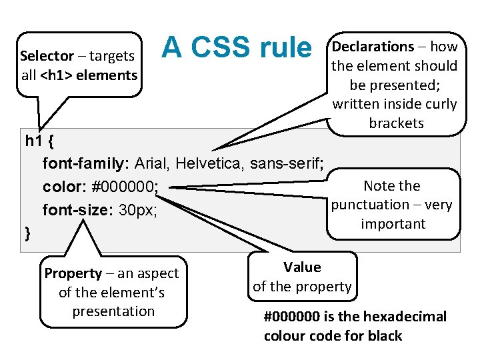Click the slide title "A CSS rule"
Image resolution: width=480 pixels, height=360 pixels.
coord(236,47)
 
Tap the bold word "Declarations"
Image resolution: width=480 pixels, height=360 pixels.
coord(373,47)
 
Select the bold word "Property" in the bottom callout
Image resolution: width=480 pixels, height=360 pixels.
coord(73,273)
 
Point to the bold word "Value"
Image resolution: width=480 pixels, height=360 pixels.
coord(302,267)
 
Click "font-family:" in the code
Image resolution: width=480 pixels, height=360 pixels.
coord(86,163)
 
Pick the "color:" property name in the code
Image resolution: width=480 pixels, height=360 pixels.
coord(64,187)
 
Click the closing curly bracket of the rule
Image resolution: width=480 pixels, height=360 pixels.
coord(27,233)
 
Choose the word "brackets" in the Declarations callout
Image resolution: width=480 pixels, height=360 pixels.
coord(396,123)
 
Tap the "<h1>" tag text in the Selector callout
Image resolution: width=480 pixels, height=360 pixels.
coord(57,75)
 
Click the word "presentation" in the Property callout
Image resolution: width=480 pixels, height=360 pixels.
coord(113,311)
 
